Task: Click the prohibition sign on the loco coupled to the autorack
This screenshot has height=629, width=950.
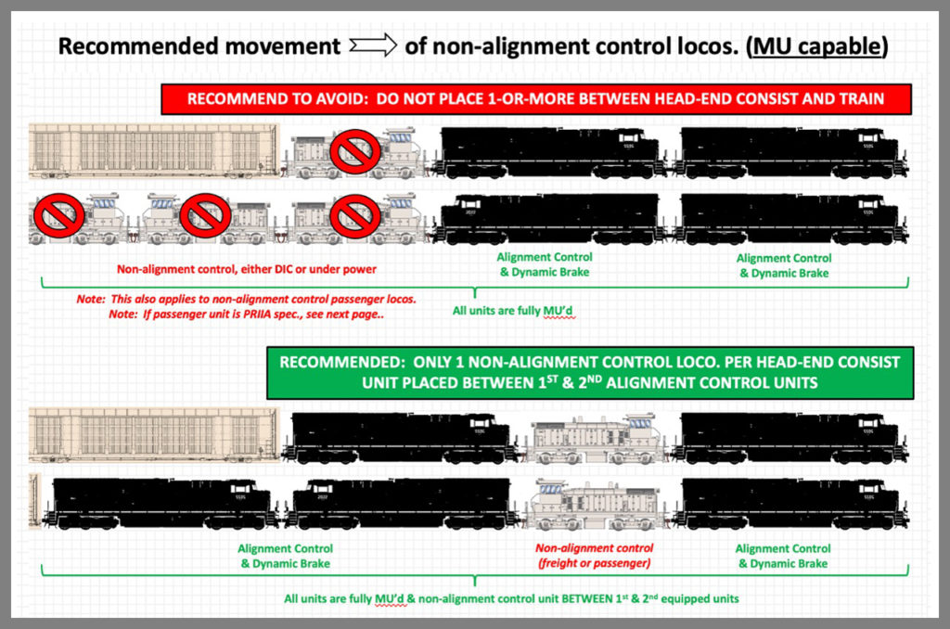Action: pyautogui.click(x=357, y=149)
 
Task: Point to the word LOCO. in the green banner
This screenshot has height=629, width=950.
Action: pyautogui.click(x=680, y=362)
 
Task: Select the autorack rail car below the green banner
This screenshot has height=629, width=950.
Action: pyautogui.click(x=152, y=436)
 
